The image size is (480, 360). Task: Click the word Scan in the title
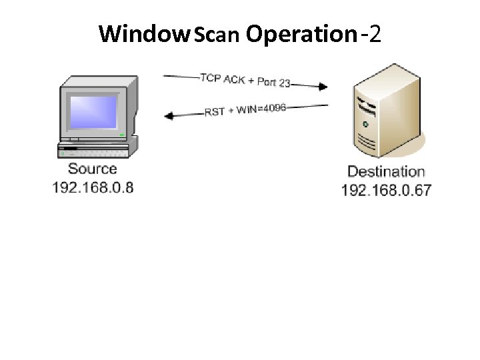click(216, 35)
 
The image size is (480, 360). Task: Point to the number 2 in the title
click(374, 33)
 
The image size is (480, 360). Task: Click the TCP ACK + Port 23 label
click(245, 80)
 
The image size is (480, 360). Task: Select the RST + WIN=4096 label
click(245, 110)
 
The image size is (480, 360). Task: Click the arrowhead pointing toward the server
click(323, 86)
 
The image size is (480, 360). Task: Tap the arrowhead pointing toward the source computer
click(169, 116)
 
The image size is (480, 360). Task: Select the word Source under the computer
click(92, 169)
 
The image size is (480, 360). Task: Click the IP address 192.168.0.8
click(93, 187)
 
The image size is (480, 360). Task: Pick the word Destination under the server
click(386, 173)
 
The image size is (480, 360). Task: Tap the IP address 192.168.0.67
click(386, 191)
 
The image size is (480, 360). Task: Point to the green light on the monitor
click(122, 135)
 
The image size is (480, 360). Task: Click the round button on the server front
click(365, 124)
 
